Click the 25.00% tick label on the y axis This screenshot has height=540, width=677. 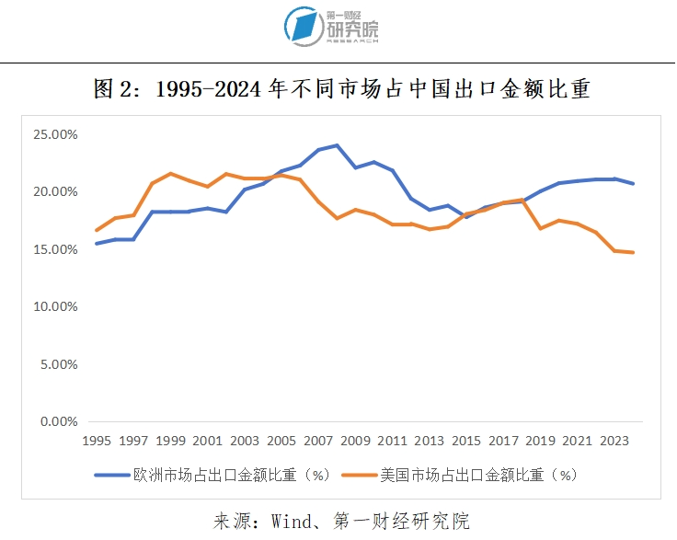click(56, 134)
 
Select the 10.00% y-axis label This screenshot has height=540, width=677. click(56, 307)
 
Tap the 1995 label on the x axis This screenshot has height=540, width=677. click(98, 441)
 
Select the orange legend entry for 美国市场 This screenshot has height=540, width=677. click(460, 475)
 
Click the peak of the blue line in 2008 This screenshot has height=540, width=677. click(338, 145)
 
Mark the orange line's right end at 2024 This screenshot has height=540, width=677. click(633, 252)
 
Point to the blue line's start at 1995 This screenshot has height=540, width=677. click(97, 244)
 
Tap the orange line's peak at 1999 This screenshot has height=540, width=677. click(170, 173)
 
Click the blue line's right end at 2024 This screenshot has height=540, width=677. click(633, 184)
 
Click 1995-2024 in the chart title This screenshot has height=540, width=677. click(211, 90)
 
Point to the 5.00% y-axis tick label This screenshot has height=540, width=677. click(59, 364)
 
